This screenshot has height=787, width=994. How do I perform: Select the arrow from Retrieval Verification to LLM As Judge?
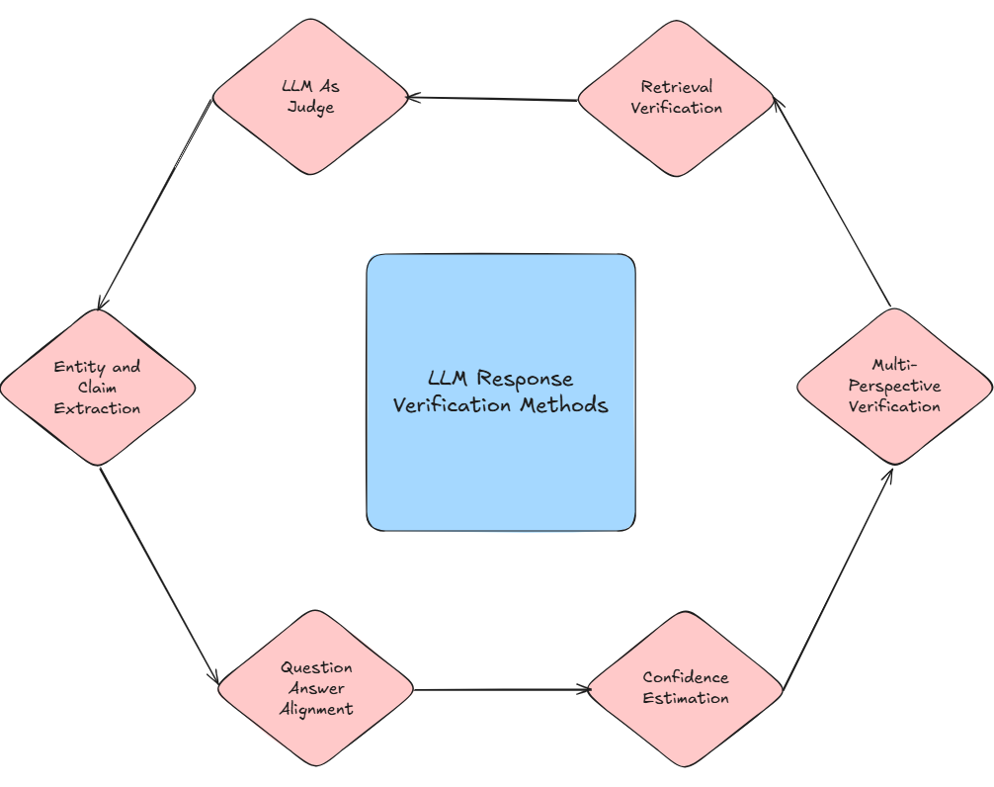pyautogui.click(x=492, y=99)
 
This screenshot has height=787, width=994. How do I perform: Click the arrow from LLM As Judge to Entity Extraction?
pyautogui.click(x=155, y=203)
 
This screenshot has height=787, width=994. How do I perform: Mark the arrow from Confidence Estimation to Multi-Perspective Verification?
pyautogui.click(x=839, y=577)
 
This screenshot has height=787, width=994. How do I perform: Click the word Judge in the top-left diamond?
pyautogui.click(x=311, y=107)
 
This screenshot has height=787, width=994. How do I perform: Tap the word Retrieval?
pyautogui.click(x=676, y=87)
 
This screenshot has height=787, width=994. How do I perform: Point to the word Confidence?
pyautogui.click(x=686, y=677)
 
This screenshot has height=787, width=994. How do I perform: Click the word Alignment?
pyautogui.click(x=316, y=709)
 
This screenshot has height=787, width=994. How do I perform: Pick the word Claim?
pyautogui.click(x=97, y=388)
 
